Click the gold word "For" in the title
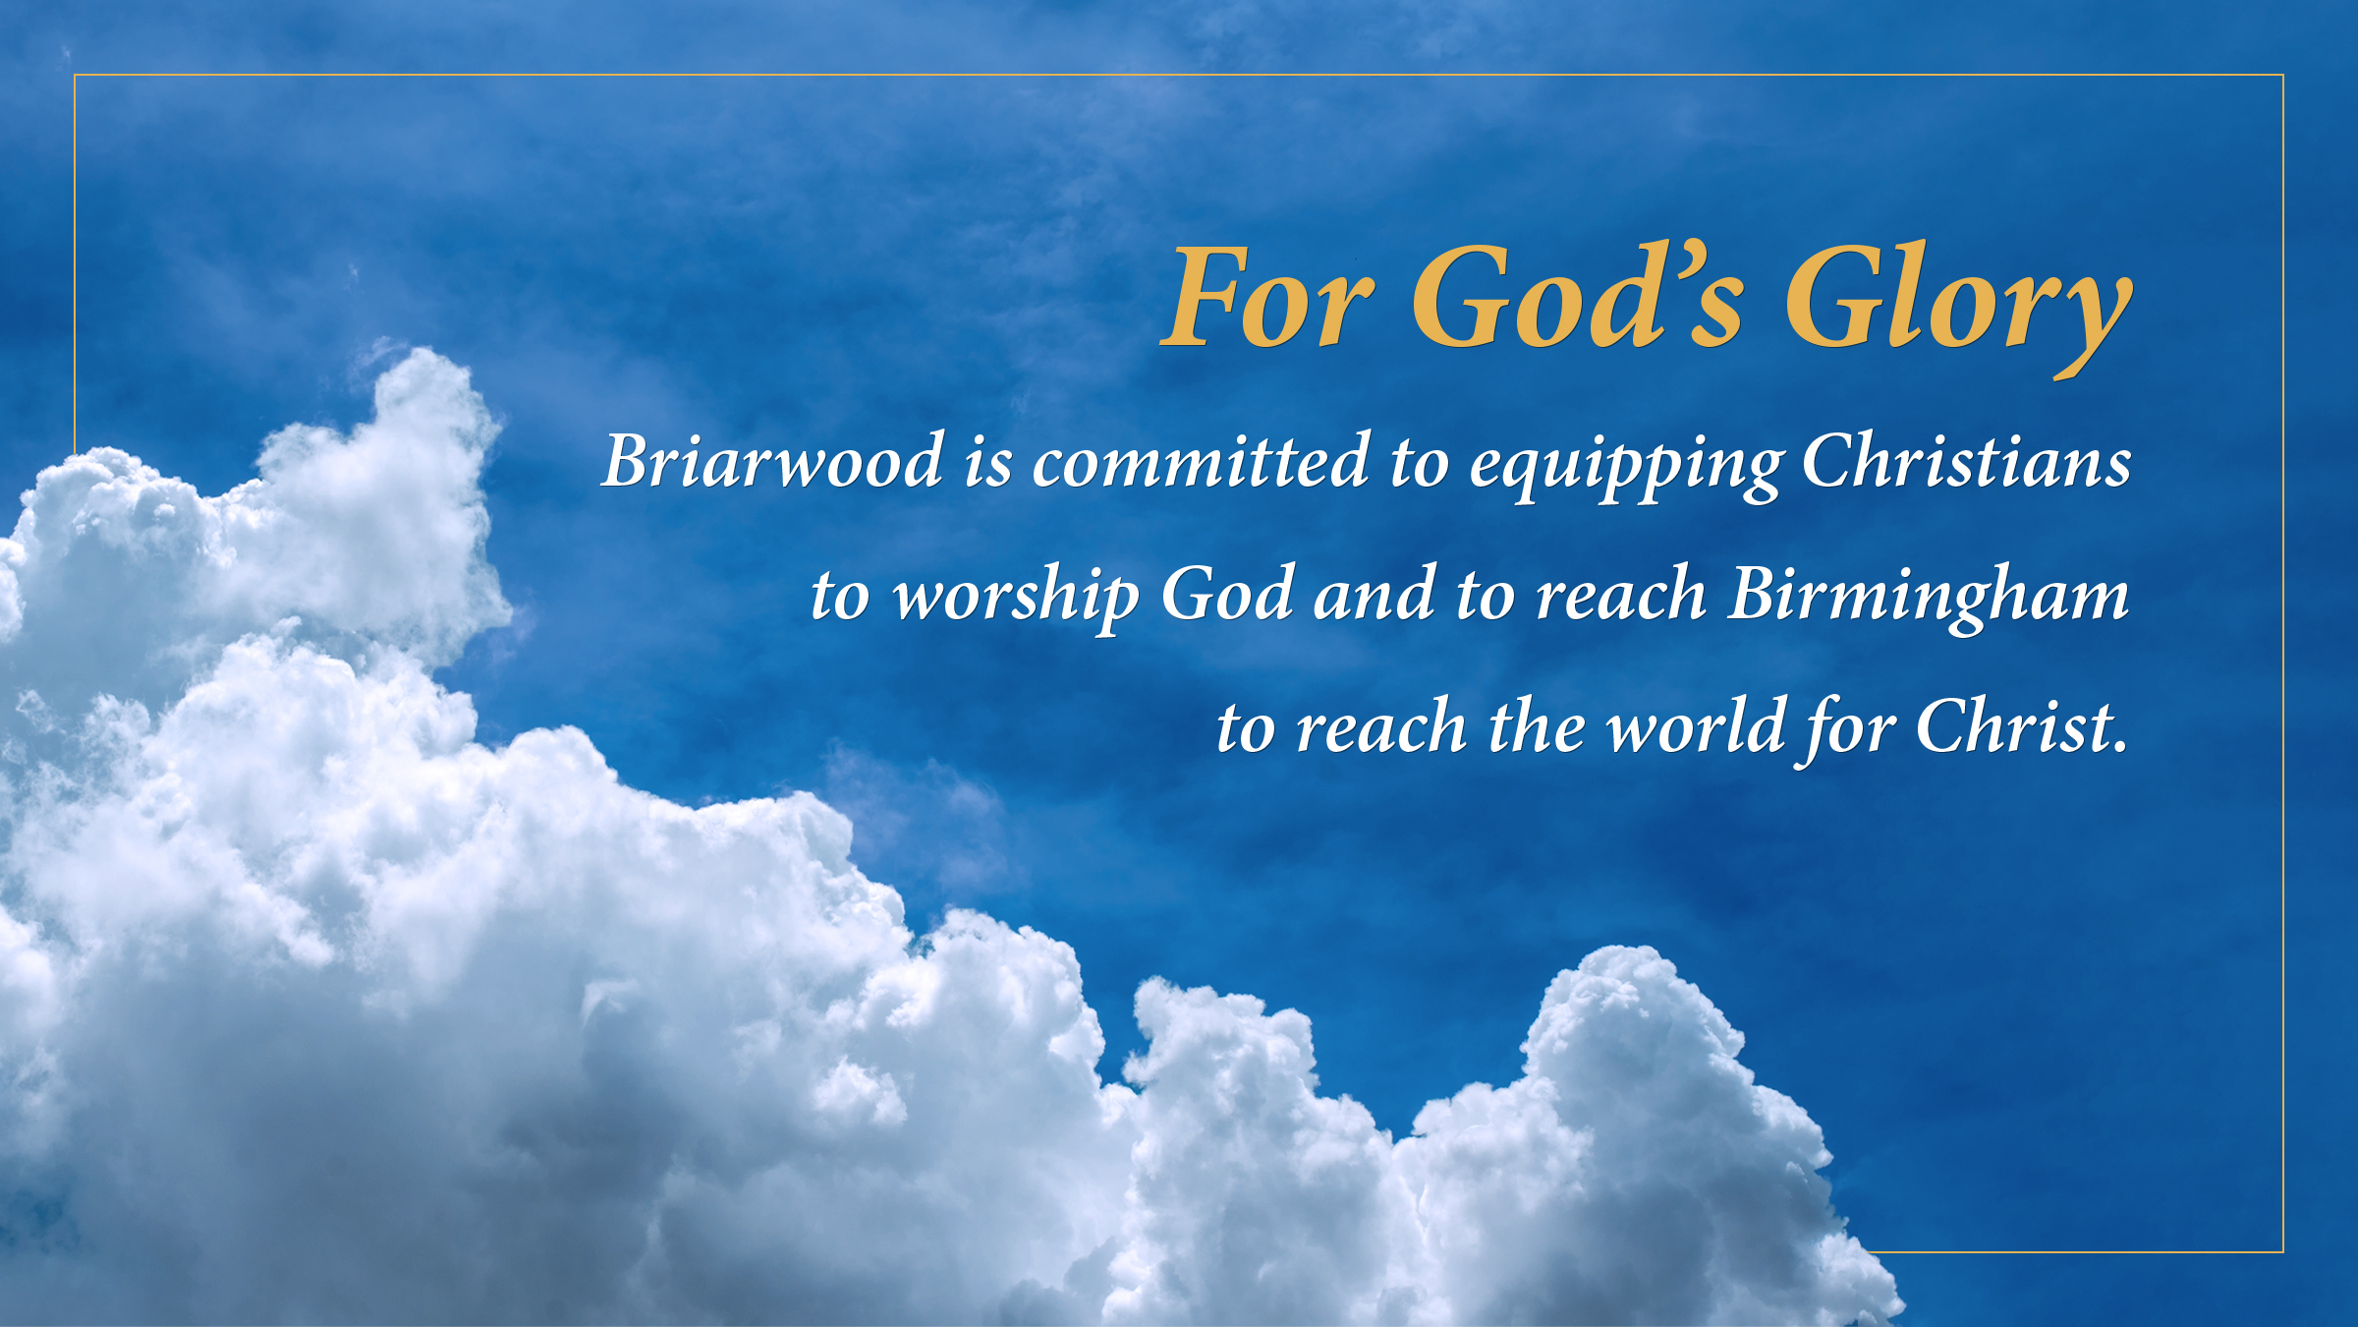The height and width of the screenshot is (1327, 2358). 1267,298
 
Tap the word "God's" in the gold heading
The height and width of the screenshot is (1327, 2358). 1578,295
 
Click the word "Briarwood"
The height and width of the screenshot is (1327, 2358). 772,460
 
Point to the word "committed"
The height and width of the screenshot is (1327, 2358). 1201,460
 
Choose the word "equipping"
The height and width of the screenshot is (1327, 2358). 1625,466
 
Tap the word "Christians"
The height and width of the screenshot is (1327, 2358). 1966,460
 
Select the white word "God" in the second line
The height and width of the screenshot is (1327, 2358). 1227,593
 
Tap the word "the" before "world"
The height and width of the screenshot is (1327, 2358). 1537,725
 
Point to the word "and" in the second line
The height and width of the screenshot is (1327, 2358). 1374,593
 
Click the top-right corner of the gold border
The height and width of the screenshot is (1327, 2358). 2283,75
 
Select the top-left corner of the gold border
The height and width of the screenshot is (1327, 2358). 75,75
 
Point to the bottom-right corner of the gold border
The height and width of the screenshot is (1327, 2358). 2283,1252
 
